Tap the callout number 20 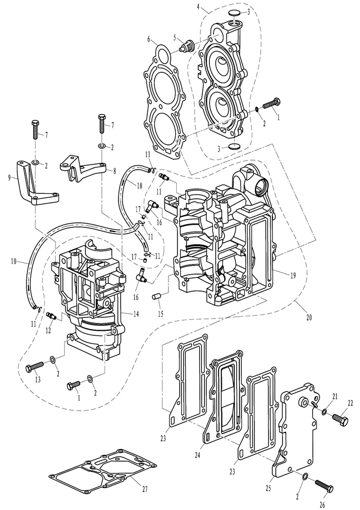(x=309, y=317)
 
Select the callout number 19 (x=293, y=275)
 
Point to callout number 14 (x=135, y=314)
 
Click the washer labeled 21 (x=325, y=412)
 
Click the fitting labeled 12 (x=52, y=315)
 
